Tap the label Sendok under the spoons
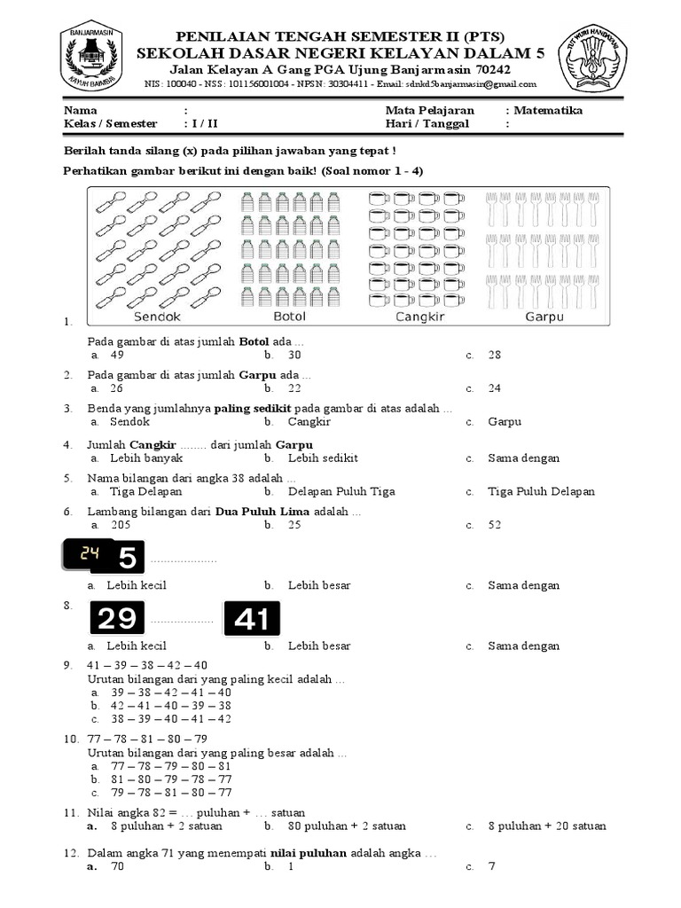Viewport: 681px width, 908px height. tap(157, 317)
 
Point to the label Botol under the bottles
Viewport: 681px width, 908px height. tap(289, 317)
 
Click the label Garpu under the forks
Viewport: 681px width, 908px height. tap(544, 317)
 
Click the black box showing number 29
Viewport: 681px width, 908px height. tap(118, 619)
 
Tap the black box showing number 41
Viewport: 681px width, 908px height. tap(252, 619)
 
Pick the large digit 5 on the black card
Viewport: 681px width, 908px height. tap(128, 558)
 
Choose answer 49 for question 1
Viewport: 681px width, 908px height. tap(117, 355)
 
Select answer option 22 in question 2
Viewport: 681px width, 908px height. tap(294, 387)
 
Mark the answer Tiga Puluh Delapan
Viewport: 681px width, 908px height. tap(541, 491)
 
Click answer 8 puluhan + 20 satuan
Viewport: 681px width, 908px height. tap(547, 826)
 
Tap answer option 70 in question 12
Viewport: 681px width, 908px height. tap(117, 866)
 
